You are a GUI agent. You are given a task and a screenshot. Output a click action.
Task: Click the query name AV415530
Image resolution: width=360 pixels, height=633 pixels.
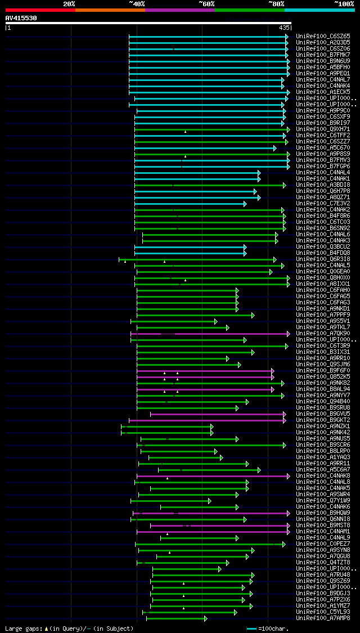coord(21,18)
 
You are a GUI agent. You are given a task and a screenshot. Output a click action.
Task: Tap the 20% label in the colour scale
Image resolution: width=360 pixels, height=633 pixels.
coord(69,3)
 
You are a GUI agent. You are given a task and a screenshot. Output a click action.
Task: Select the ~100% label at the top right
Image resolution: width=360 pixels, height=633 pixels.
coord(344,3)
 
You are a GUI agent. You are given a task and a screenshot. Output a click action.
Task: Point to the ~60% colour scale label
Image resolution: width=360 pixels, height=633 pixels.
coord(206,3)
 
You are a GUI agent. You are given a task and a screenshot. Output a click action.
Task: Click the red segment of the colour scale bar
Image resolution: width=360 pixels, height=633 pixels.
coord(40,10)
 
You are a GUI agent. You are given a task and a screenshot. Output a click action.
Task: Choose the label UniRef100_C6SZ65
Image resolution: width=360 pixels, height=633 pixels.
coord(323,36)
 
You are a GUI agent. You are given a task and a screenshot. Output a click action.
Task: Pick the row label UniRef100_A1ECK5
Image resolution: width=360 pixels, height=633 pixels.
coord(323,92)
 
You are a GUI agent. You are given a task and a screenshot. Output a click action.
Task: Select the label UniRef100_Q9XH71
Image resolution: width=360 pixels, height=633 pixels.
coord(323,129)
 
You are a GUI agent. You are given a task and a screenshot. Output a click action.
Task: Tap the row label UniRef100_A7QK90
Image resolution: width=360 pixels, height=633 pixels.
coord(323,334)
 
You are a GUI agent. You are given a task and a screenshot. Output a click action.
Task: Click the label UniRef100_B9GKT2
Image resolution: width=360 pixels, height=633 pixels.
coord(323,420)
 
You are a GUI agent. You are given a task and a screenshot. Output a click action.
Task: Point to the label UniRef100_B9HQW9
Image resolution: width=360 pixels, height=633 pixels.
coord(323,513)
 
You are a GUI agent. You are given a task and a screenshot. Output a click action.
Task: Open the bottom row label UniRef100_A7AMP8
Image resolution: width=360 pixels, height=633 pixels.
coord(323,618)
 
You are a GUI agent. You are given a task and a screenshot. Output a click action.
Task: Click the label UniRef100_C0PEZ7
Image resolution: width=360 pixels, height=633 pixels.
coord(323,544)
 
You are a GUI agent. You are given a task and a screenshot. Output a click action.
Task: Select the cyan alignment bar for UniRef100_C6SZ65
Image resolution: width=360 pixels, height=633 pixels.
coord(208,37)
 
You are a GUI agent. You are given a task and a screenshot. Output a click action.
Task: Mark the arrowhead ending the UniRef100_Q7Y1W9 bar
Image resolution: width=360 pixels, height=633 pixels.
coord(210,501)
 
